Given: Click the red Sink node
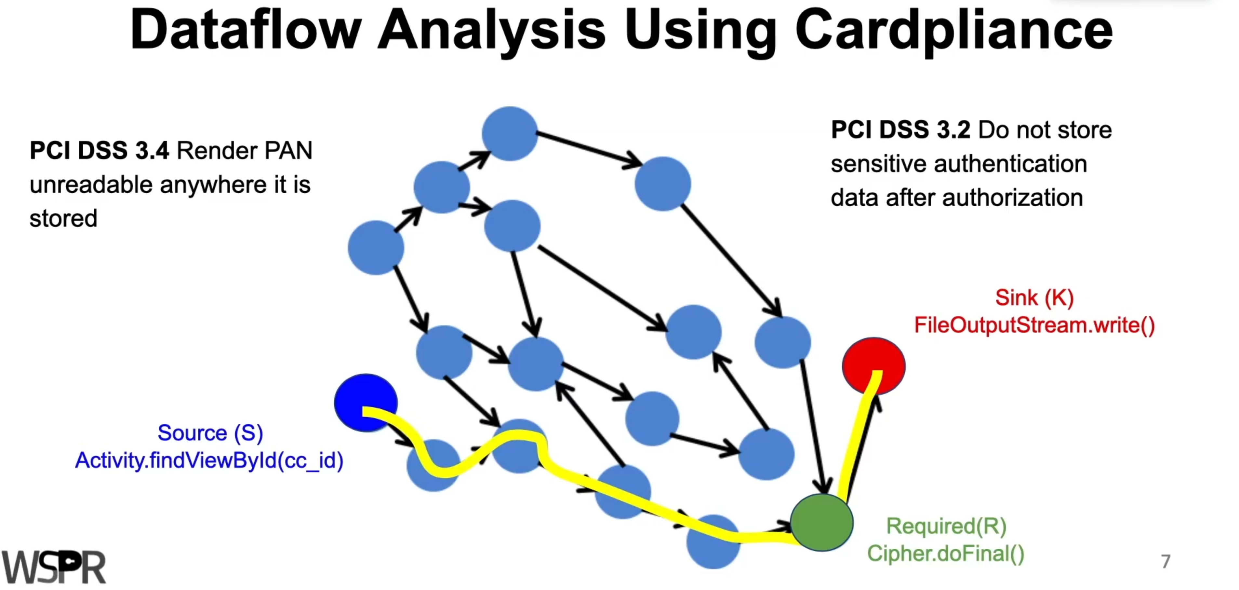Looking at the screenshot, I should click(x=873, y=366).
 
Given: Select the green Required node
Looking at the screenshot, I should click(x=821, y=522).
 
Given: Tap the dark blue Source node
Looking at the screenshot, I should click(x=366, y=402).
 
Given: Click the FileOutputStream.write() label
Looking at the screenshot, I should click(x=1034, y=325).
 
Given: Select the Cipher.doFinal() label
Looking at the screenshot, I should click(x=946, y=554).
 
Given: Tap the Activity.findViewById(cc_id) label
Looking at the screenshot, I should click(x=209, y=460).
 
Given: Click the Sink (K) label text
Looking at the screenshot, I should click(x=1034, y=298).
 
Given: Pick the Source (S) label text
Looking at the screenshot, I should click(x=210, y=433).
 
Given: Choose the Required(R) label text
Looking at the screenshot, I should click(x=946, y=526).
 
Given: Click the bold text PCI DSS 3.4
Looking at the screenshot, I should click(x=99, y=151).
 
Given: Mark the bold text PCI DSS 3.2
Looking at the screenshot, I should click(x=900, y=130).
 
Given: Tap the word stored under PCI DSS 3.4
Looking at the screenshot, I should click(x=63, y=218).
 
